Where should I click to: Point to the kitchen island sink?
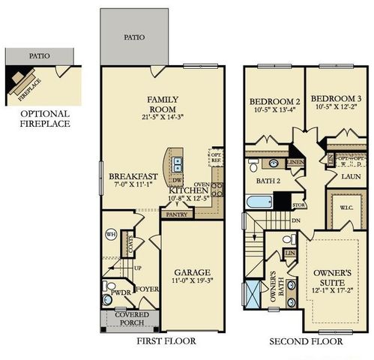click(177, 165)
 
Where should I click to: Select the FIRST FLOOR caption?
click(166, 341)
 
